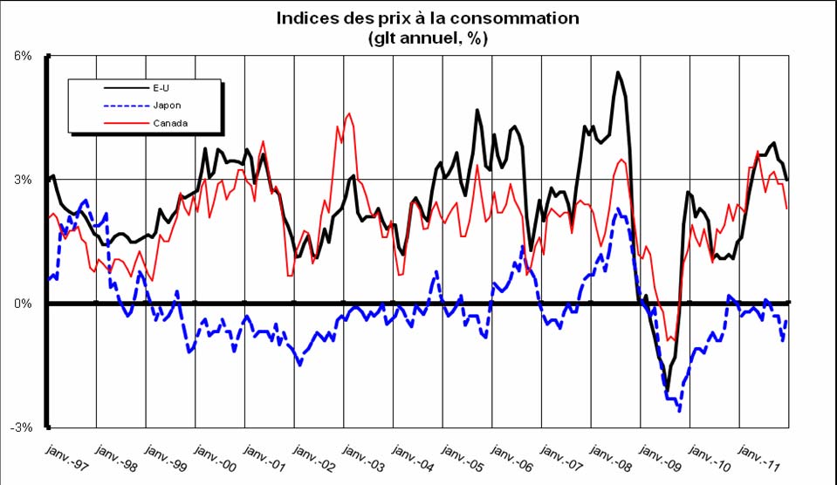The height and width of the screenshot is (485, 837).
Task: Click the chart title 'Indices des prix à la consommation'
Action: pos(428,18)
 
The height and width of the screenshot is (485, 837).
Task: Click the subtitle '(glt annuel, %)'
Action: pos(428,38)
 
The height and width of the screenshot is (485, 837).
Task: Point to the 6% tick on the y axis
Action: pos(23,56)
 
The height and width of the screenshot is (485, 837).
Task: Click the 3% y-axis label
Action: pos(23,180)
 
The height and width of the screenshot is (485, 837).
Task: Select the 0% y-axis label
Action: pos(23,304)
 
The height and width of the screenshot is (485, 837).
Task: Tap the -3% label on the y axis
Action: pos(21,427)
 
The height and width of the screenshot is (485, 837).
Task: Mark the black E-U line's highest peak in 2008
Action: pos(618,72)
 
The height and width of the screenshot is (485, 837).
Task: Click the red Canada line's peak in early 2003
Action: pos(349,113)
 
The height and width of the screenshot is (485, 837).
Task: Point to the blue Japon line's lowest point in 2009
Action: pos(679,410)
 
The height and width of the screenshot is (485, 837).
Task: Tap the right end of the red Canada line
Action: pos(787,208)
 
